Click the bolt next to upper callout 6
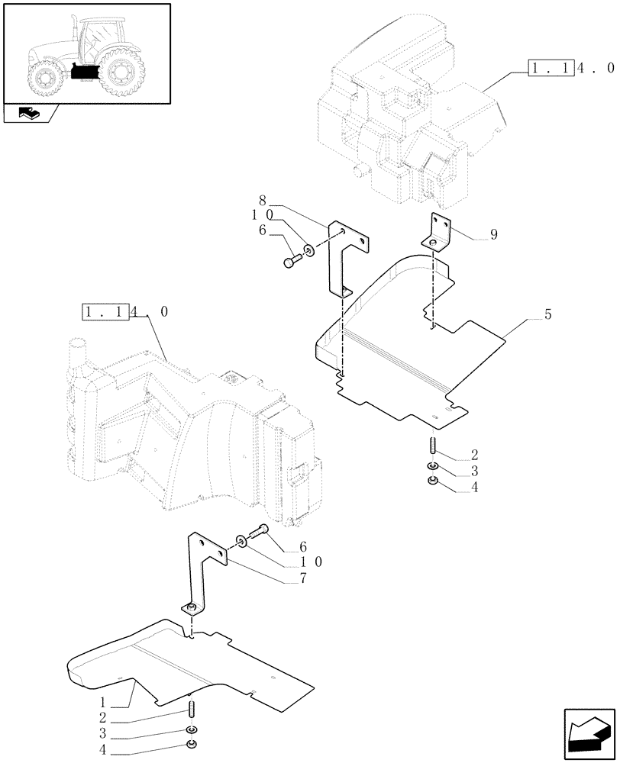pyautogui.click(x=292, y=262)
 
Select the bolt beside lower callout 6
pyautogui.click(x=260, y=531)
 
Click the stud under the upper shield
pyautogui.click(x=432, y=444)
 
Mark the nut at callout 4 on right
pyautogui.click(x=432, y=481)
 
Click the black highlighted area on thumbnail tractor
pyautogui.click(x=86, y=72)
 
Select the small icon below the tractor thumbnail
pyautogui.click(x=29, y=114)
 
